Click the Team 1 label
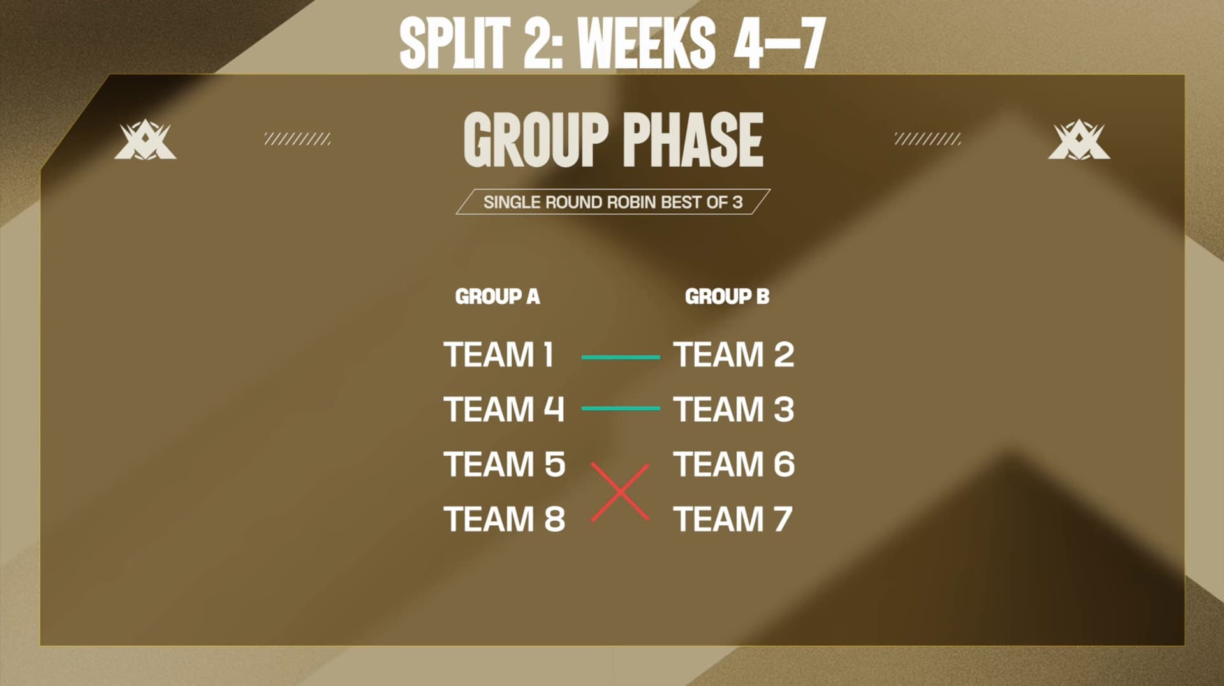pos(499,355)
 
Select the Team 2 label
pos(734,355)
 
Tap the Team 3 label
pos(734,410)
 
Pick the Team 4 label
pos(504,410)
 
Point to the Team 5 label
pos(504,465)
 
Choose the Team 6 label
pos(734,465)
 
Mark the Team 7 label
pos(732,519)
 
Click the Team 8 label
pos(504,519)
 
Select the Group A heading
pos(498,297)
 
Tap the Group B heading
pos(727,297)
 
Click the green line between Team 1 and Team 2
pos(621,357)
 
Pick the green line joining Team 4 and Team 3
pos(621,408)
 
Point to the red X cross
pos(620,492)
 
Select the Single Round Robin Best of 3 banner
pos(612,202)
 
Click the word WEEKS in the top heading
pos(646,43)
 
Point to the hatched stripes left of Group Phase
pos(297,139)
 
